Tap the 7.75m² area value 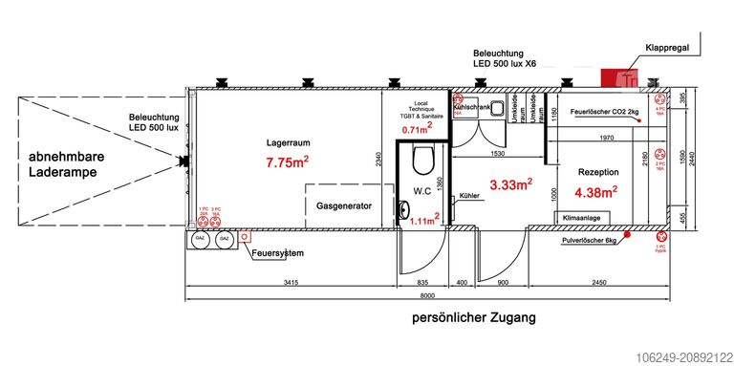(x=287, y=163)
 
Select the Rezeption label (x=598, y=171)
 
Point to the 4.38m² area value (x=595, y=191)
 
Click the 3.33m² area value (x=510, y=183)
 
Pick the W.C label (x=422, y=191)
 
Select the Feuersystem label (x=277, y=253)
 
